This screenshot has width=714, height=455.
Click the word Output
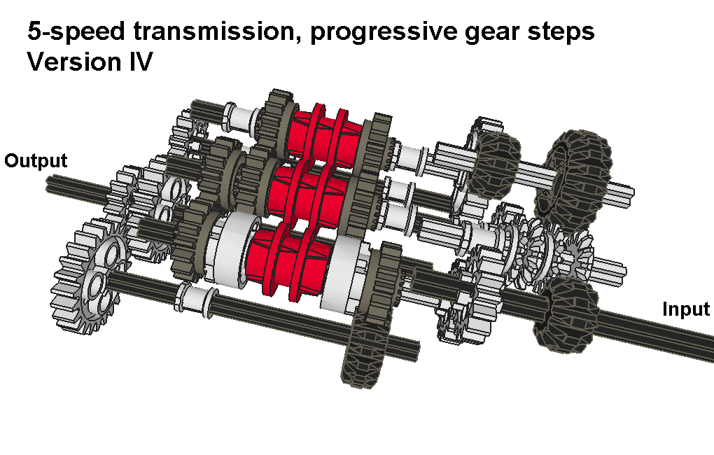[36, 161]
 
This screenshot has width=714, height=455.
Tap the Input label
[686, 309]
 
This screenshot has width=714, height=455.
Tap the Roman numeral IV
[140, 62]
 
